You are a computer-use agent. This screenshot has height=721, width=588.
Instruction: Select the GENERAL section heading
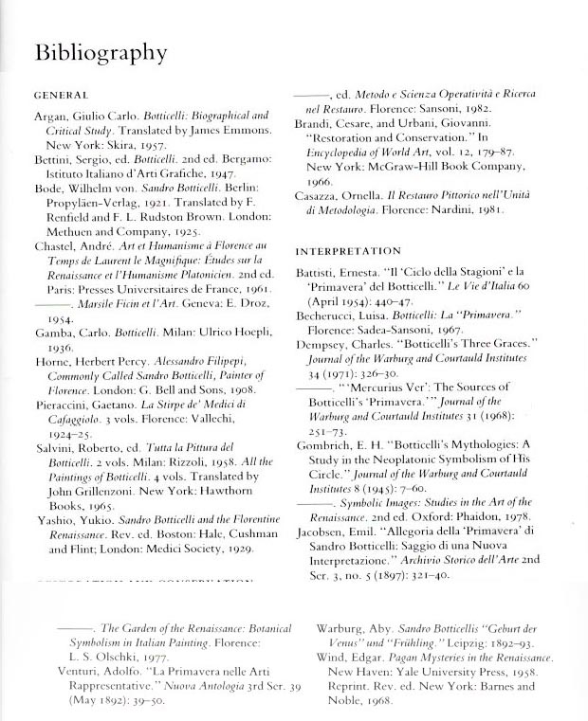[x=61, y=96]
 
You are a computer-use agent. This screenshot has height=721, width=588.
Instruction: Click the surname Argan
[x=51, y=115]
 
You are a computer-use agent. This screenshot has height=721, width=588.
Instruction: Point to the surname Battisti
[x=320, y=273]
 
